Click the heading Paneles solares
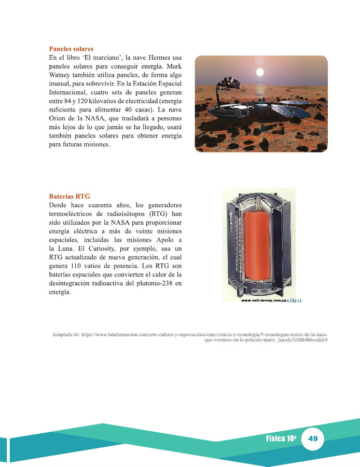point(71,49)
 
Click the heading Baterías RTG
point(70,197)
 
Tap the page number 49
point(313,439)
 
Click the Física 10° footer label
point(281,439)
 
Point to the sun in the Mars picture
point(260,71)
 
